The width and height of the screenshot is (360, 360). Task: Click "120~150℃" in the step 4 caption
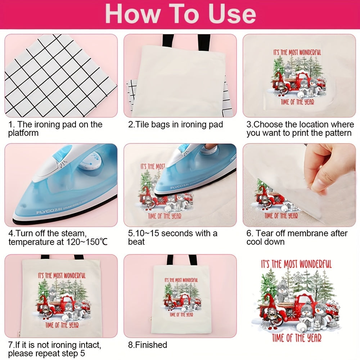point(87,242)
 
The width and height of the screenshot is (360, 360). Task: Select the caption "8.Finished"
point(148,345)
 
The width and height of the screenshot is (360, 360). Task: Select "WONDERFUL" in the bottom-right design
point(316,264)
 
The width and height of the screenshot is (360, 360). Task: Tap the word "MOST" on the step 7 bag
point(58,275)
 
